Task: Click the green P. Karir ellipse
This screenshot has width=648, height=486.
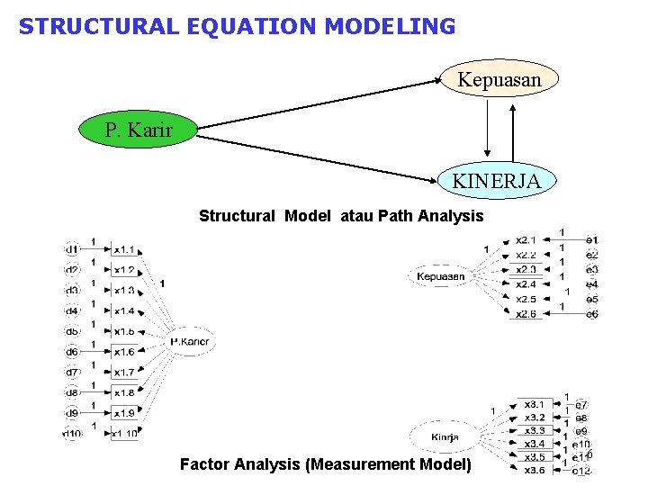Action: pos(138,130)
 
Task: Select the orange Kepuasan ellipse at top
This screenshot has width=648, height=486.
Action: pos(499,79)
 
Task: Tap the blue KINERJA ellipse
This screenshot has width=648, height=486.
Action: pos(496,181)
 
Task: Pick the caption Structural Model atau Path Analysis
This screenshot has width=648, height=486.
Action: pos(340,216)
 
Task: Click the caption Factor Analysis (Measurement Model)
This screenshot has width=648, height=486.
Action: pos(325,464)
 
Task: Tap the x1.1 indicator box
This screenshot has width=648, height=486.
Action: pos(124,248)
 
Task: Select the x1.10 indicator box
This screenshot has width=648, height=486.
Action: pos(125,434)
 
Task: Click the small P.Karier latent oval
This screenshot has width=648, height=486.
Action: pos(190,341)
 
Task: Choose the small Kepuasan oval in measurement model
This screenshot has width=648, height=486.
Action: pos(440,276)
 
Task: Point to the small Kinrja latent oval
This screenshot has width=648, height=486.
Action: pos(445,437)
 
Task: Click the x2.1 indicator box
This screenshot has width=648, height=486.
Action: pos(526,240)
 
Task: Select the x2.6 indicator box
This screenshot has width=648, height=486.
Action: pos(526,313)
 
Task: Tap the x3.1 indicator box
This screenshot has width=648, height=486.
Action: pos(534,404)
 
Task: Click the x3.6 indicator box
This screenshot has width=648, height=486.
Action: pos(534,470)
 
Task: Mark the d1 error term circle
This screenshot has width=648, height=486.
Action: pos(71,248)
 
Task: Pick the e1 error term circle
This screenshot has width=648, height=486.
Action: pos(591,240)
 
